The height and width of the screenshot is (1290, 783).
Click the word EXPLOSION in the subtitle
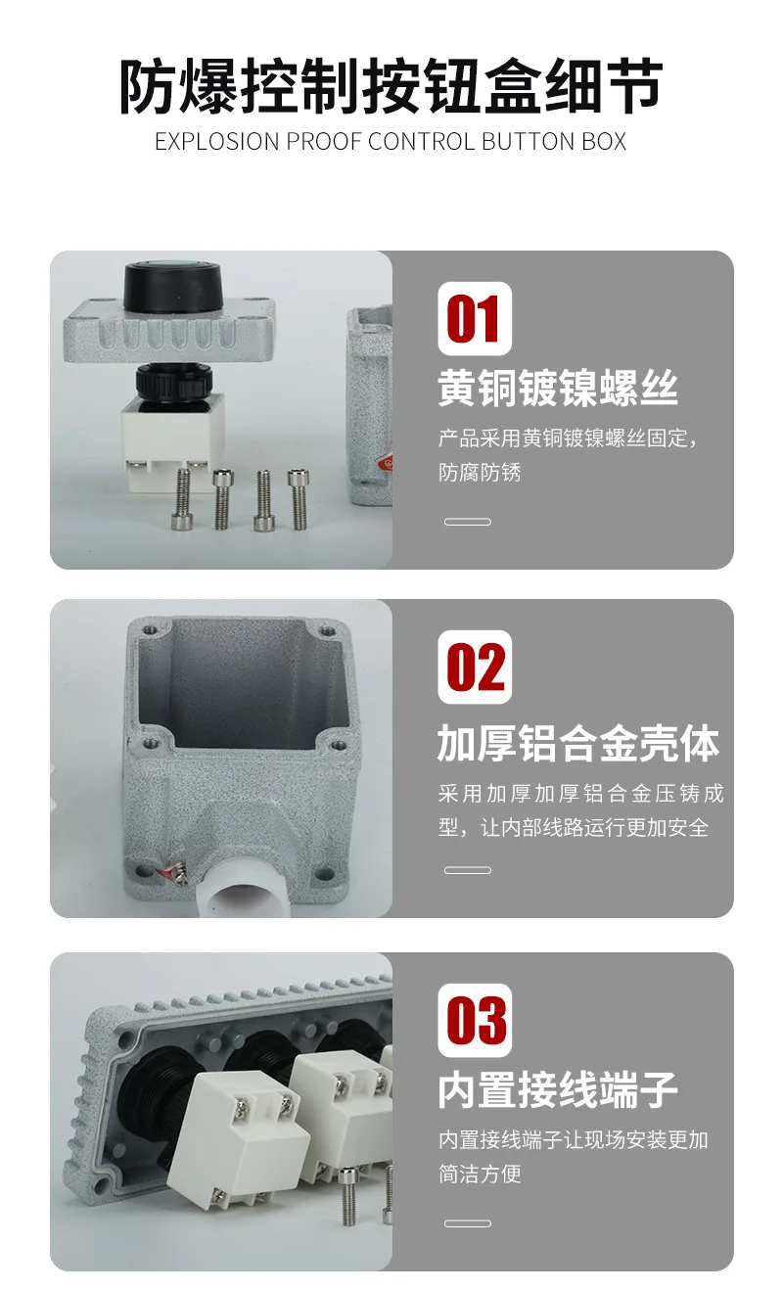[x=217, y=142]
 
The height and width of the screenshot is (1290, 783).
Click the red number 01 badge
[x=475, y=318]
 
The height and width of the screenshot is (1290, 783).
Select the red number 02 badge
[x=475, y=667]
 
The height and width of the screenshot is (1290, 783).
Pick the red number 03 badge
[x=475, y=1020]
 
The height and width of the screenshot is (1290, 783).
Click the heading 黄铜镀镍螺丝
[x=557, y=389]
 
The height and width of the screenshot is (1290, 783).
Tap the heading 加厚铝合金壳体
[x=578, y=743]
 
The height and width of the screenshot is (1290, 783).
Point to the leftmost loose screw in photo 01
[x=181, y=499]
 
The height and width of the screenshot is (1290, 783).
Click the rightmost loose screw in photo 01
[x=298, y=499]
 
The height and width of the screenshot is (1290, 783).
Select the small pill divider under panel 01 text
[x=468, y=522]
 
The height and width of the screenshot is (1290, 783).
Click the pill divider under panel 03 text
[x=468, y=1223]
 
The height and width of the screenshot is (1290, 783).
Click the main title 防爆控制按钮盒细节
[x=391, y=86]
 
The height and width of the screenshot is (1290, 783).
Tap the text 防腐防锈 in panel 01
[x=480, y=472]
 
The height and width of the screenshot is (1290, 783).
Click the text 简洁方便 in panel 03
[x=480, y=1174]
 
